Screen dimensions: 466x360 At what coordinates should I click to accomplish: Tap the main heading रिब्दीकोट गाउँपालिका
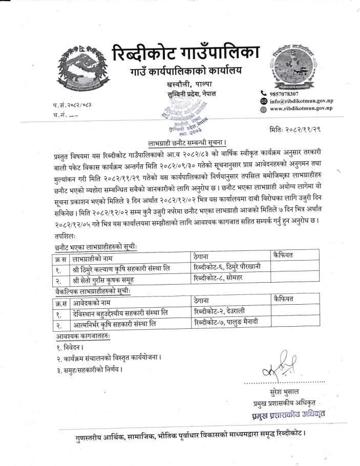(x=185, y=53)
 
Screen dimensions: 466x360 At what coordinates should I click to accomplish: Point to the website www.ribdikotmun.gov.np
(x=301, y=109)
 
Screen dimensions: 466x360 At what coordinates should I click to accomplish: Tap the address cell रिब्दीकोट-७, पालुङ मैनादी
(x=228, y=323)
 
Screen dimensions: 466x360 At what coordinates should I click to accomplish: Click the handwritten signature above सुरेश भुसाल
(x=279, y=368)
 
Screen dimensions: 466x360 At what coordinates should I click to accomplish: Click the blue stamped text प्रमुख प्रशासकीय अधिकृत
(x=287, y=413)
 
